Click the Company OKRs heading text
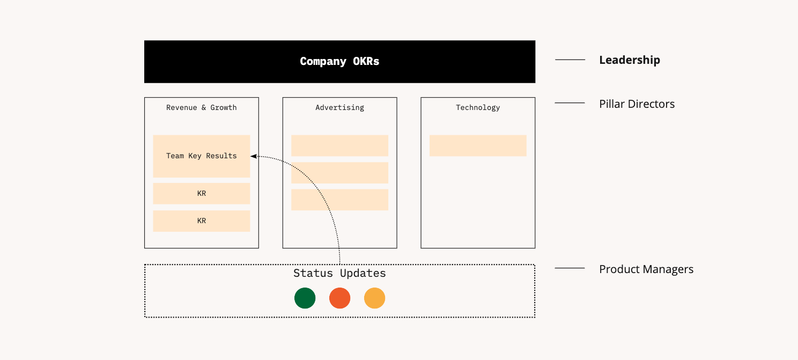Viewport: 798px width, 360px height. (x=339, y=61)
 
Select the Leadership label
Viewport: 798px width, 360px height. (x=629, y=60)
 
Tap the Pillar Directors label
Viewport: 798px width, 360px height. (x=637, y=104)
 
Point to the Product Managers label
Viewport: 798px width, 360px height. (x=646, y=269)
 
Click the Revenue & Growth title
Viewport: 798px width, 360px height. (x=201, y=107)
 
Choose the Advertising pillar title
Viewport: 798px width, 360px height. (x=339, y=107)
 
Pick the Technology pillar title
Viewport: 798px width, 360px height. (x=477, y=107)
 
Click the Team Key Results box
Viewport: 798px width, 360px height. (x=201, y=156)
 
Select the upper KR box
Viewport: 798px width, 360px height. (x=201, y=194)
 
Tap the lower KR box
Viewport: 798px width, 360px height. (x=201, y=221)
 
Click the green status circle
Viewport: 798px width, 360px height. (x=305, y=298)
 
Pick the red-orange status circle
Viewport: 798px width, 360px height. (x=339, y=298)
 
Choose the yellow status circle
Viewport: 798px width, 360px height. (x=374, y=298)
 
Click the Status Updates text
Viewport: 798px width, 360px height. (x=339, y=273)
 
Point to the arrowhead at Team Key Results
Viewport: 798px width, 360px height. (x=254, y=156)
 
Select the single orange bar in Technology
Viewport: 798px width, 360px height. (x=477, y=145)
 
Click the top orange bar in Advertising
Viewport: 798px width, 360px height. (x=339, y=145)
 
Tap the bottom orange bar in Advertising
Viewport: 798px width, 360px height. (x=339, y=200)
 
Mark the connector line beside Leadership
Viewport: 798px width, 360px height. (x=570, y=60)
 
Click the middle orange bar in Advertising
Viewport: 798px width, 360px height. (x=339, y=173)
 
